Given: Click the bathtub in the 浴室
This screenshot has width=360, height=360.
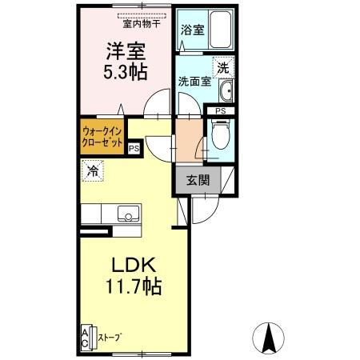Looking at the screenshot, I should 217,30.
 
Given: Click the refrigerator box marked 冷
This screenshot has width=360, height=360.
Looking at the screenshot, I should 93,170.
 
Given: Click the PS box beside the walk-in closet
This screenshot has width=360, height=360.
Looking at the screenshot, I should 134,147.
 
